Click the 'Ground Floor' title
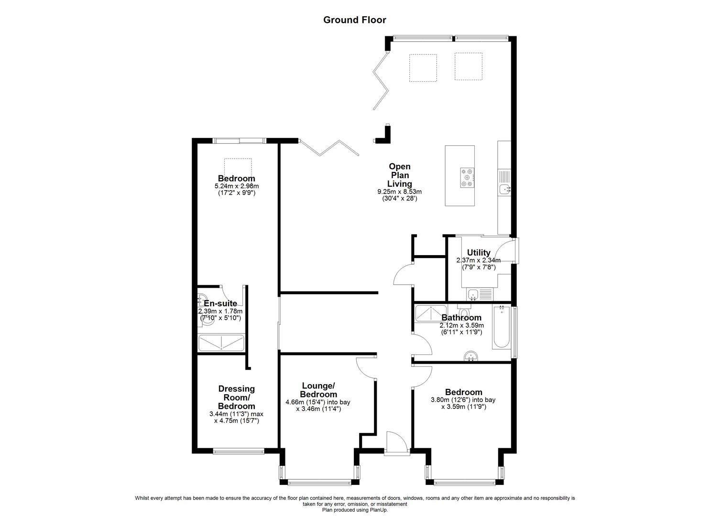(x=354, y=20)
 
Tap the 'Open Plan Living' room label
(x=399, y=175)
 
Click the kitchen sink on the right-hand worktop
(x=505, y=189)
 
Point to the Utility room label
(x=479, y=253)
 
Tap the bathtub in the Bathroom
(x=501, y=328)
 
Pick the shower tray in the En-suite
(x=221, y=344)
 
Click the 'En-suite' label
(x=220, y=303)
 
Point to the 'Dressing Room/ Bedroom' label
(x=236, y=398)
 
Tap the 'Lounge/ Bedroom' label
(x=318, y=390)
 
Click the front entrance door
(x=396, y=442)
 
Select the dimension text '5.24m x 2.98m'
(x=237, y=186)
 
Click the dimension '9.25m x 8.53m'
(x=399, y=192)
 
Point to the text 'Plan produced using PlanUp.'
(x=355, y=510)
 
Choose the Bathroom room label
(x=461, y=318)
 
